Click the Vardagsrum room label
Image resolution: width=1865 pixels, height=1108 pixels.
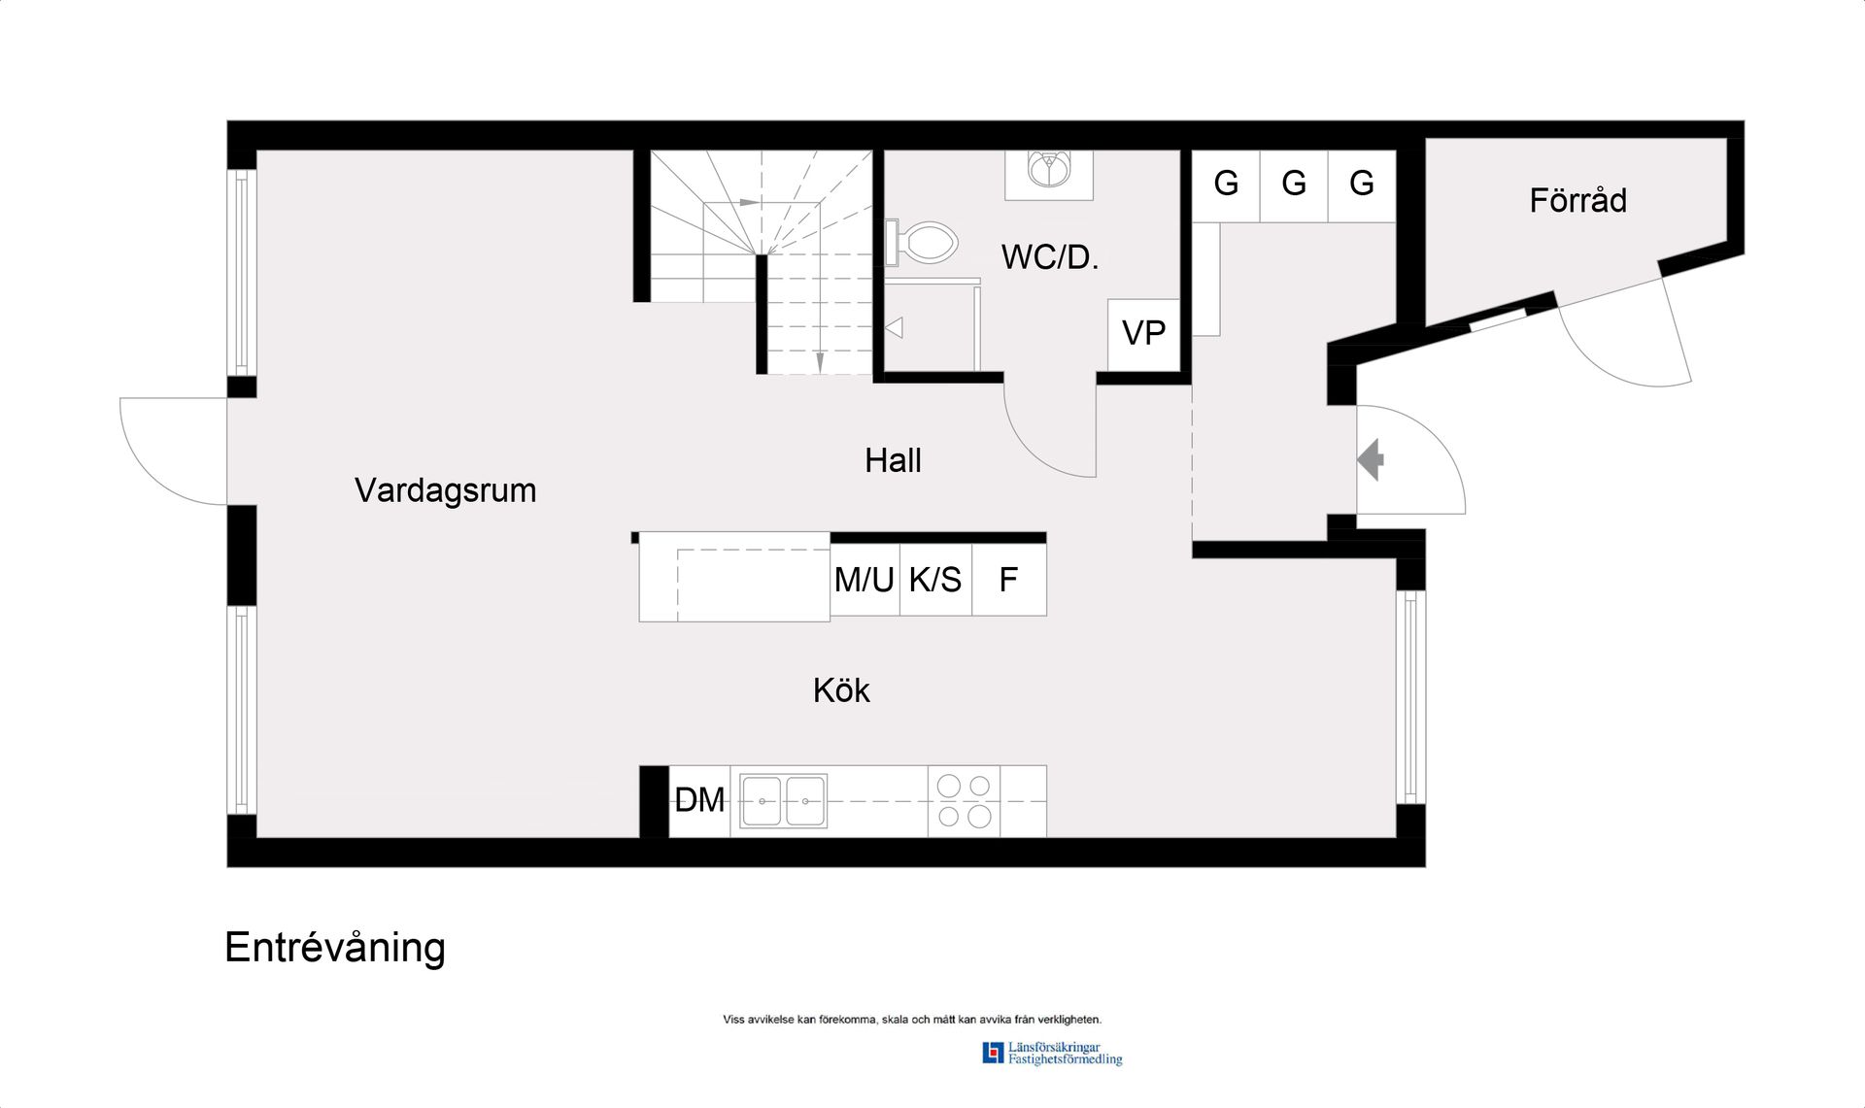[x=445, y=491]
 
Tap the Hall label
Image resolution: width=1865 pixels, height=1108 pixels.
[x=893, y=460]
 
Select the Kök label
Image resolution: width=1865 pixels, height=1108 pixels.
[x=841, y=690]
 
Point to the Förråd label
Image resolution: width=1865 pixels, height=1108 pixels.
[x=1577, y=200]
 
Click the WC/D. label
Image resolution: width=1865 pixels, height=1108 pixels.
[x=1050, y=257]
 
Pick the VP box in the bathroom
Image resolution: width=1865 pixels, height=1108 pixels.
[x=1143, y=335]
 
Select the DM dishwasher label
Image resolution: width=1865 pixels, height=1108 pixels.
[x=699, y=800]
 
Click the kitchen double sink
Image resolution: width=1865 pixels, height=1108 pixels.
[x=783, y=801]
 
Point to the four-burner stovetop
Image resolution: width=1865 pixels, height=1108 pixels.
[x=964, y=801]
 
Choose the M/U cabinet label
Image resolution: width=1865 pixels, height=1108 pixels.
[x=864, y=580]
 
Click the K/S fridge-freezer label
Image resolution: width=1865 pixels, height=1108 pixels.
[x=934, y=580]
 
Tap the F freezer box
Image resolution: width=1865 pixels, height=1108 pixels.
[x=1009, y=580]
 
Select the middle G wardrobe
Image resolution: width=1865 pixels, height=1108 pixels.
[x=1294, y=186]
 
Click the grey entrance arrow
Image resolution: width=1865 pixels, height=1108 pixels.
[x=1371, y=459]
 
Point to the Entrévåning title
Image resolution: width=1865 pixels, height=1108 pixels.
[x=335, y=949]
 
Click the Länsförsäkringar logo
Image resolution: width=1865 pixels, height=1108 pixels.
[x=1052, y=1054]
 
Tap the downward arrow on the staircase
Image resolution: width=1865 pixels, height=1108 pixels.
[x=820, y=361]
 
